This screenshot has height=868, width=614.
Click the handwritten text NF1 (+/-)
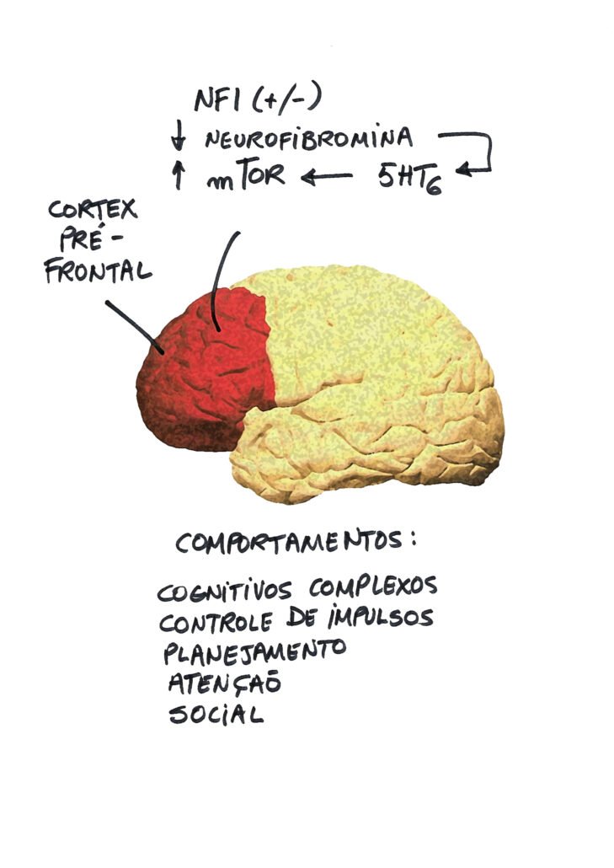point(258,100)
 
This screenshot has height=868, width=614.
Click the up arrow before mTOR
point(178,174)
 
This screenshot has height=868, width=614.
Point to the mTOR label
point(246,174)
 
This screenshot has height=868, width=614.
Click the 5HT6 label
point(410,178)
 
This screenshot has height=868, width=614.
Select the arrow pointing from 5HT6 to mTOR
point(326,177)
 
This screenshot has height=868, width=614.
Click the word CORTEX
point(93,210)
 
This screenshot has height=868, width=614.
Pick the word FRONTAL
point(98,272)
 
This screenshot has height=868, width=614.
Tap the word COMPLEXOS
point(373,587)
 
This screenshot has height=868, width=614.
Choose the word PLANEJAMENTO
point(254,651)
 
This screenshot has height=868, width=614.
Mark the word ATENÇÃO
point(225,683)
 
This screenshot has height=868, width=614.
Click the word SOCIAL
point(216,714)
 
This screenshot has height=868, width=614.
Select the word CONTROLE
point(216,623)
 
